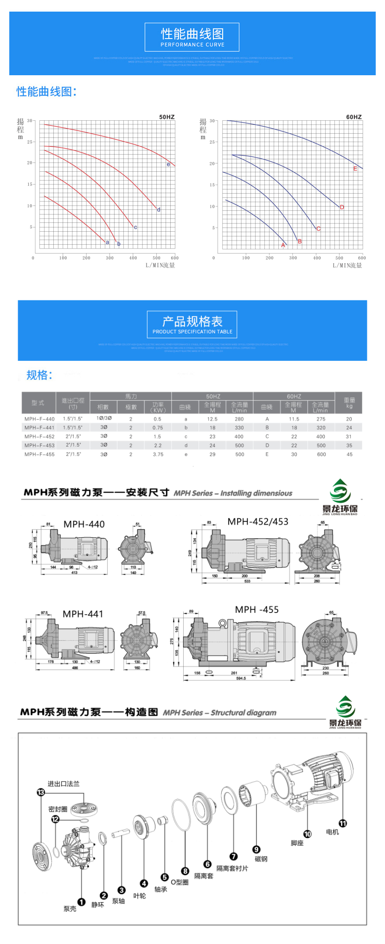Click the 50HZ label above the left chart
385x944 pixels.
coord(167,117)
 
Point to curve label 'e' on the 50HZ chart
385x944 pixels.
coord(168,164)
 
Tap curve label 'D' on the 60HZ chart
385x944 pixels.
coord(342,207)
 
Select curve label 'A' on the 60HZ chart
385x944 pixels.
coord(283,245)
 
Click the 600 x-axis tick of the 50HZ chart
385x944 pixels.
coord(174,258)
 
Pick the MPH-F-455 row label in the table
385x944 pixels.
coord(39,454)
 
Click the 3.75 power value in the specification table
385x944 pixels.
coord(158,454)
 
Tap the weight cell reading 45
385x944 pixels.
coord(349,454)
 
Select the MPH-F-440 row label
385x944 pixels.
coord(39,419)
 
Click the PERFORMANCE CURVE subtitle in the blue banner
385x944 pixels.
coord(192,45)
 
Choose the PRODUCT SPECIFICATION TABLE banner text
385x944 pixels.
coord(192,332)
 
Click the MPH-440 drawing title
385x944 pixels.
coord(84,524)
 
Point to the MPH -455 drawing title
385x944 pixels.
coord(257,610)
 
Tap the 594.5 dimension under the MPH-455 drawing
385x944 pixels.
coord(241,678)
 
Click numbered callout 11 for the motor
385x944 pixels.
coord(342,823)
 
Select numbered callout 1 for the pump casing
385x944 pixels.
coord(81,902)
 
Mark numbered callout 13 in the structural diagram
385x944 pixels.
coord(41,792)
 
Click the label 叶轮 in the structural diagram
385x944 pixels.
coord(140,896)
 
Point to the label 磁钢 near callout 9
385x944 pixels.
coord(261,859)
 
